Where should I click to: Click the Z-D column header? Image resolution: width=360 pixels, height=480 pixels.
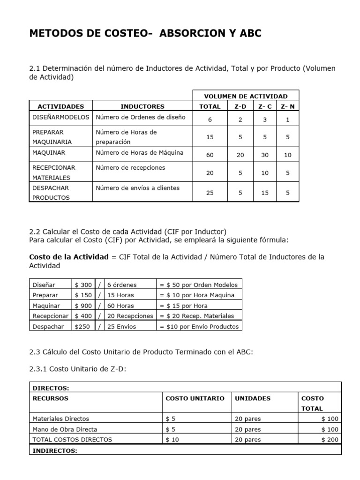pos(240,106)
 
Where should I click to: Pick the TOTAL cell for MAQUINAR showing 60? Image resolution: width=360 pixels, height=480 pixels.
pos(210,155)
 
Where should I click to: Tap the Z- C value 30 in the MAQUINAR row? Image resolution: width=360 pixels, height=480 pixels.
pos(265,155)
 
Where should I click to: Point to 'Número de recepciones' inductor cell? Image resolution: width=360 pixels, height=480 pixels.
pos(130,167)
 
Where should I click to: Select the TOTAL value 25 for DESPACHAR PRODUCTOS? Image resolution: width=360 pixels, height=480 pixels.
pos(210,192)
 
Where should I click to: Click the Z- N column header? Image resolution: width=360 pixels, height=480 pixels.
pos(287,106)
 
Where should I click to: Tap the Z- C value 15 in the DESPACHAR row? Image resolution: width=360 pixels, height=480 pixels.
pos(265,192)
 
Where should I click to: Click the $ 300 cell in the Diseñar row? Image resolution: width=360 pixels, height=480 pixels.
pos(83,285)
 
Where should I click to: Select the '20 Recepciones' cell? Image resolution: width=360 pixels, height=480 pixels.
pos(130,316)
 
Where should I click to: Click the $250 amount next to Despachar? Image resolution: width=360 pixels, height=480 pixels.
pos(82,326)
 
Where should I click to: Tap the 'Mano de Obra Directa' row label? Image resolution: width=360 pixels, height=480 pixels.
pos(65,429)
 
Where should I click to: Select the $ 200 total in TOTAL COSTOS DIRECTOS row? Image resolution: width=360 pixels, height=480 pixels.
pos(330,440)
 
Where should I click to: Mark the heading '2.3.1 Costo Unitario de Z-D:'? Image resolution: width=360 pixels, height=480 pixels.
pos(78,369)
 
